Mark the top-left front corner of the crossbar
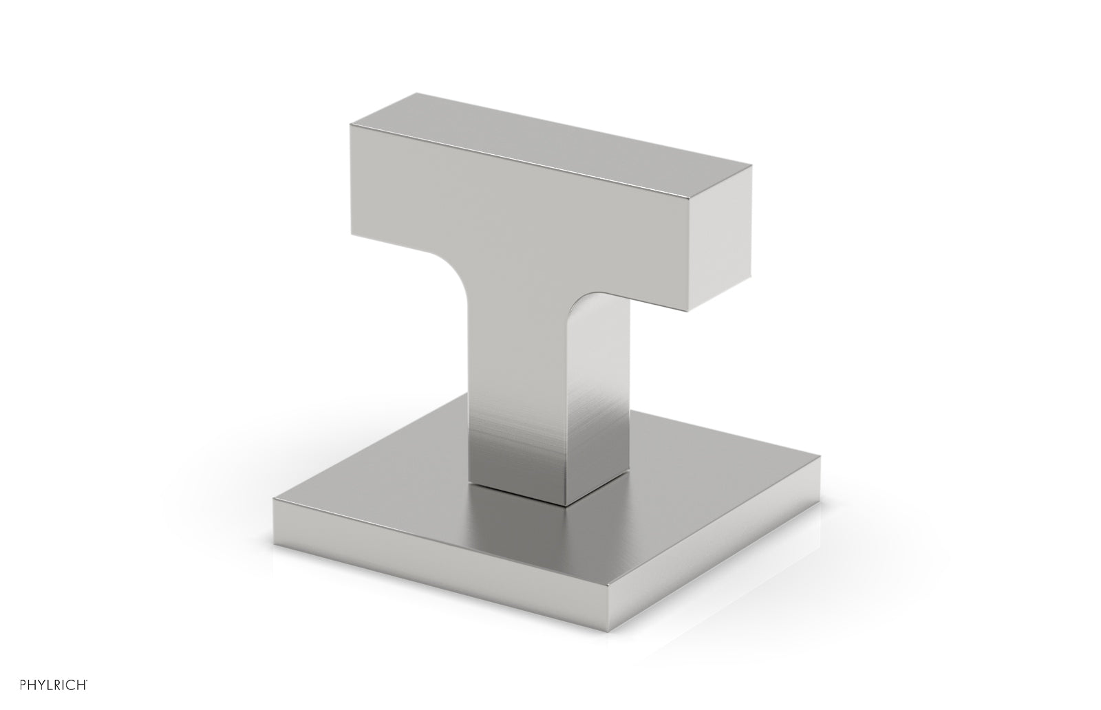(350, 125)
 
